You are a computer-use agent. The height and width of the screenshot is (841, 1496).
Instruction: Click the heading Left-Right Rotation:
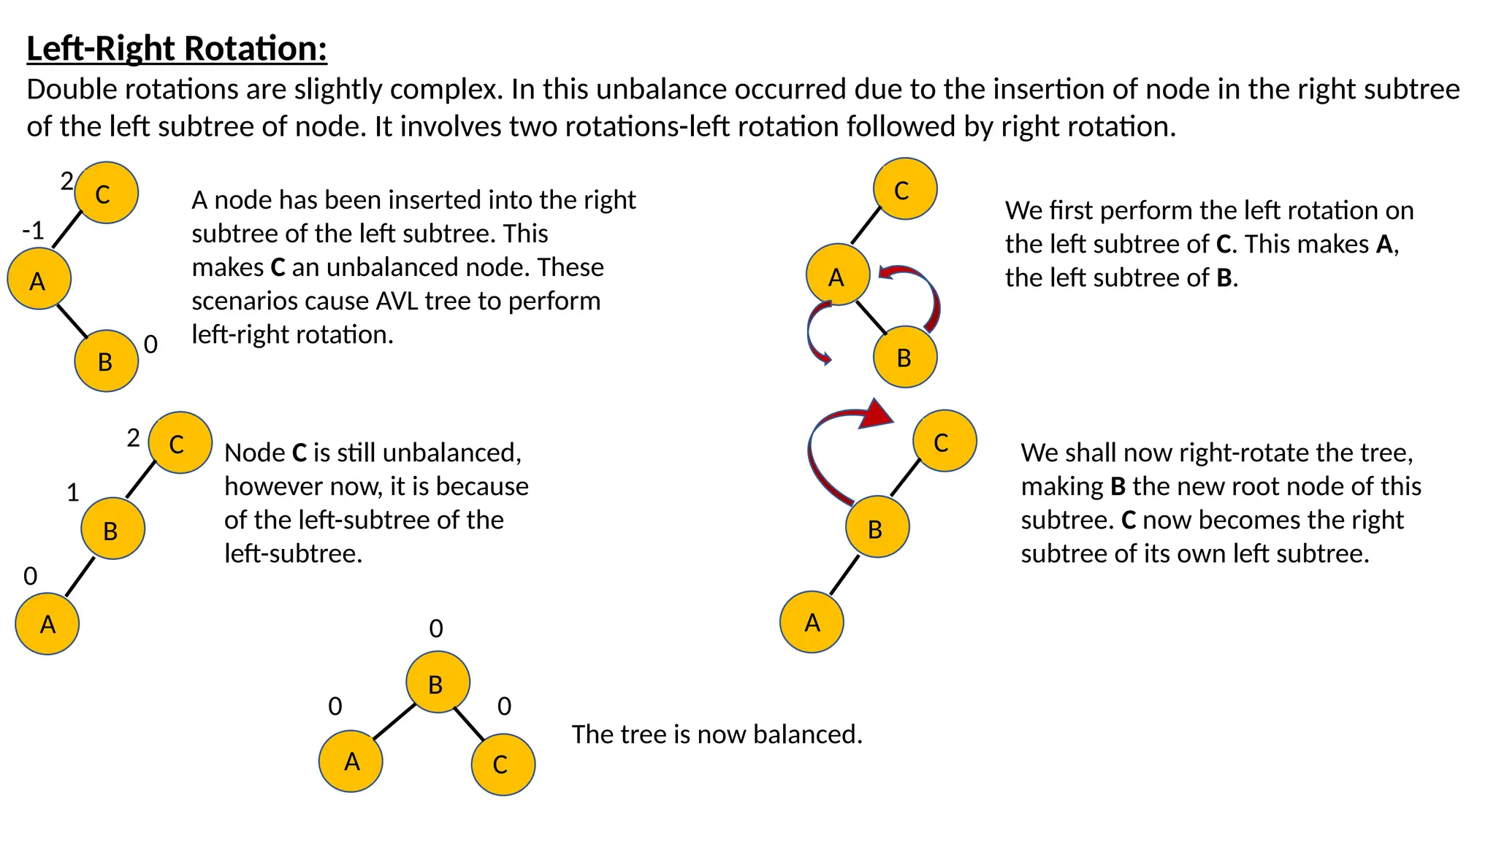[177, 49]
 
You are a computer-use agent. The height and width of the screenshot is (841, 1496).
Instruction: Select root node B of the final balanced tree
[438, 683]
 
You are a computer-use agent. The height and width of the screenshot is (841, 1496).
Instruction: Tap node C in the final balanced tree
[503, 764]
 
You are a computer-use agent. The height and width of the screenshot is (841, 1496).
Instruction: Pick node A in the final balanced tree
[351, 761]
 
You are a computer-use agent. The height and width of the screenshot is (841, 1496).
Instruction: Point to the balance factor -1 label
[34, 231]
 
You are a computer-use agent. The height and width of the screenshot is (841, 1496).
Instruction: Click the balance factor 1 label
[73, 493]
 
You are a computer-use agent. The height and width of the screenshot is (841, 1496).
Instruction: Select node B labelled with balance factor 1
[112, 529]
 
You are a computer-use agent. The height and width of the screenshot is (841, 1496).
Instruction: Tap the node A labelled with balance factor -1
[39, 279]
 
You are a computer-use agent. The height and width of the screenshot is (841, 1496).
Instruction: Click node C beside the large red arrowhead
[944, 441]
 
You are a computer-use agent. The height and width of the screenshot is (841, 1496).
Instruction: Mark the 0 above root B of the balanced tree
[436, 629]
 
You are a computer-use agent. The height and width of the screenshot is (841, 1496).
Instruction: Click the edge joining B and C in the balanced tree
[469, 723]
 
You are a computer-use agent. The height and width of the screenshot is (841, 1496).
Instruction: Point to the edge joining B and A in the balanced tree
[394, 721]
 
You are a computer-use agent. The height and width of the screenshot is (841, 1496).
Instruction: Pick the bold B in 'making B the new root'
[1118, 486]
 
